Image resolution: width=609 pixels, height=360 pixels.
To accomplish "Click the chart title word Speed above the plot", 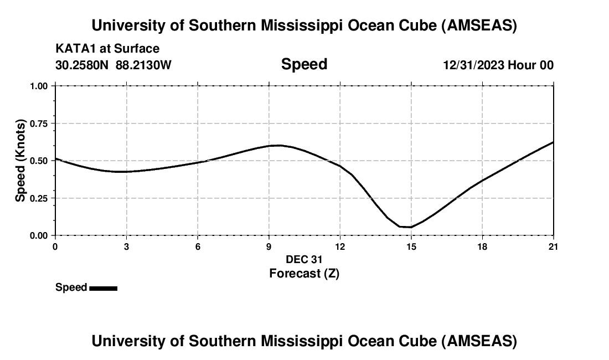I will (x=304, y=64).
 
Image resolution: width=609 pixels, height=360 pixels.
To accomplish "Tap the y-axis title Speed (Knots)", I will (x=20, y=160).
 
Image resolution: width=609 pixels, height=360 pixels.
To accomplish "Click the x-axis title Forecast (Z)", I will (x=304, y=273).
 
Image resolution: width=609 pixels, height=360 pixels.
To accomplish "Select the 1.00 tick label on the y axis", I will (x=39, y=86).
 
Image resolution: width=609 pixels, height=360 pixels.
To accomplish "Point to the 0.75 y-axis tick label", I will (x=39, y=124).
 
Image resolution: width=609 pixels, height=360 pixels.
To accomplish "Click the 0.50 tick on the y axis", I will (x=39, y=161).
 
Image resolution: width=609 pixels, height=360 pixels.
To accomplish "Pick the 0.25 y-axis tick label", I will (x=39, y=198).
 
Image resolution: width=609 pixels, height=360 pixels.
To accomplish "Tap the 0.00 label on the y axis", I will (x=39, y=235).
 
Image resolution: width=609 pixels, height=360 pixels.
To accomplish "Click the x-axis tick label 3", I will (x=126, y=246).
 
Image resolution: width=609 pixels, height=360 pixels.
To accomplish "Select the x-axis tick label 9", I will (x=269, y=246).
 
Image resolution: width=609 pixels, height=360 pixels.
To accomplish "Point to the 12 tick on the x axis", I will (x=339, y=246).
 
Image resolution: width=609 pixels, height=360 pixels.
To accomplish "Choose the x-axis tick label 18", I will (x=482, y=246).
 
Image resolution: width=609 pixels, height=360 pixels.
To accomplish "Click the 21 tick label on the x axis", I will (x=553, y=246).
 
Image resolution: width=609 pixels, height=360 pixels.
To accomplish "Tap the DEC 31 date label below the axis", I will (x=304, y=259).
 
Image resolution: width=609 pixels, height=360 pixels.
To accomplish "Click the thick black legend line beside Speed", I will (x=103, y=288).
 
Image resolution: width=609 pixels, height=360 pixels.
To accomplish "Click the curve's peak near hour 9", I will (x=277, y=145).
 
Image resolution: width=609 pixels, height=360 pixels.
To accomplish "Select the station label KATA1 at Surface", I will (x=107, y=49).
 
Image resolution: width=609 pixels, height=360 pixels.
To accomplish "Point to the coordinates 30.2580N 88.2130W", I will (x=113, y=65).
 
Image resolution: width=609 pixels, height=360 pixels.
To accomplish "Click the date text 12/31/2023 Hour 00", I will (x=498, y=65).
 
